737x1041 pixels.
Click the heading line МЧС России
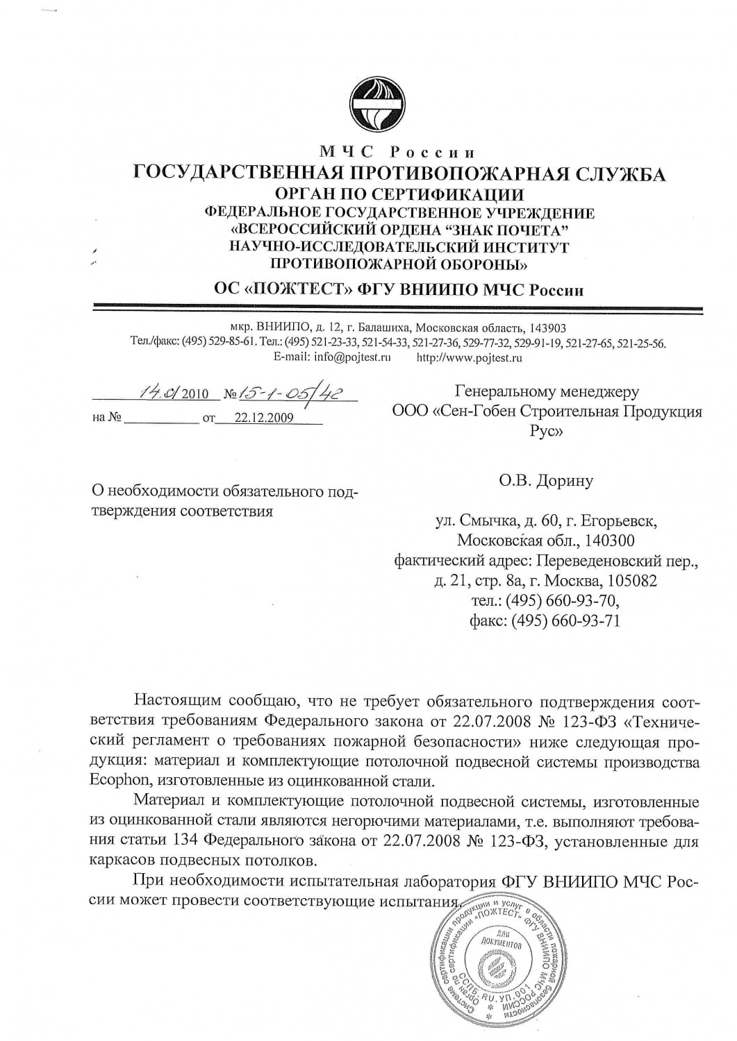pos(398,152)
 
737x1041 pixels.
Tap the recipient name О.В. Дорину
pos(546,480)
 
